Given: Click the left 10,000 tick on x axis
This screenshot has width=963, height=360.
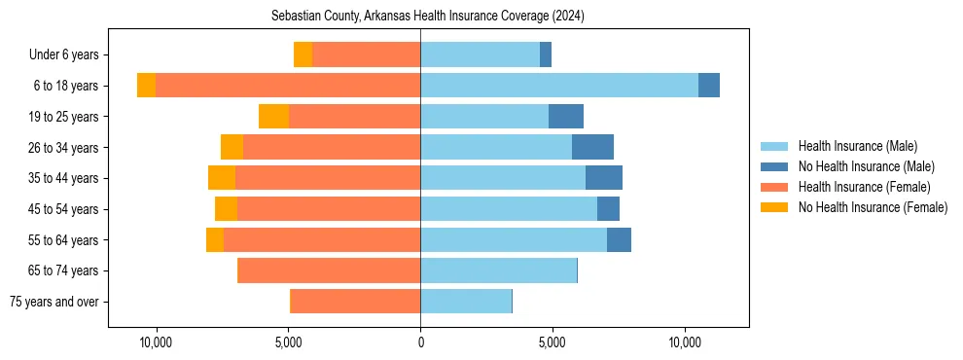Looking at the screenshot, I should coord(156,342).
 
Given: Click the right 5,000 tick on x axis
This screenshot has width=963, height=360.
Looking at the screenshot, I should coord(553,342).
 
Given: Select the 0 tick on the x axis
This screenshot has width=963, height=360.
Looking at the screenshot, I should coord(420,342).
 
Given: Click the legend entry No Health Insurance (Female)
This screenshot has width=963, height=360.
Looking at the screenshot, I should coord(873,207).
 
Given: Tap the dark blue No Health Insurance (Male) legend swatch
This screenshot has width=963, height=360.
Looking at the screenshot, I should coord(775,166).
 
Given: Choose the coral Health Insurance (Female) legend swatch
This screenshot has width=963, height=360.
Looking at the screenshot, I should coord(775,187).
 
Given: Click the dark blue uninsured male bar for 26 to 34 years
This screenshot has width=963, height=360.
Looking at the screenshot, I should coord(592,147).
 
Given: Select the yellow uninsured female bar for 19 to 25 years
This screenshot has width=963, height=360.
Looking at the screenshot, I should coord(273,117).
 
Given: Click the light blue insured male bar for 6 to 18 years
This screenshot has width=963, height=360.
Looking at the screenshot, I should coord(559,86).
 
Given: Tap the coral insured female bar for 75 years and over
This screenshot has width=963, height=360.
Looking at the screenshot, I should coord(355,302).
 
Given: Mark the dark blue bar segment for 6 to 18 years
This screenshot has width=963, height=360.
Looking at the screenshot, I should coord(709,86).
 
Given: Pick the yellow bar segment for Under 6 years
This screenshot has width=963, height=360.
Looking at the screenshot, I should coord(303,55).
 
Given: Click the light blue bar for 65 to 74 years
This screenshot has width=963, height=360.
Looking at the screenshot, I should coord(498,270).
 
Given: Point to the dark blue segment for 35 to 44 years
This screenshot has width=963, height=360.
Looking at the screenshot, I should coord(604,178).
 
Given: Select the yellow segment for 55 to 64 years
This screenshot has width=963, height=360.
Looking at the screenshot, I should coord(215,239).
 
